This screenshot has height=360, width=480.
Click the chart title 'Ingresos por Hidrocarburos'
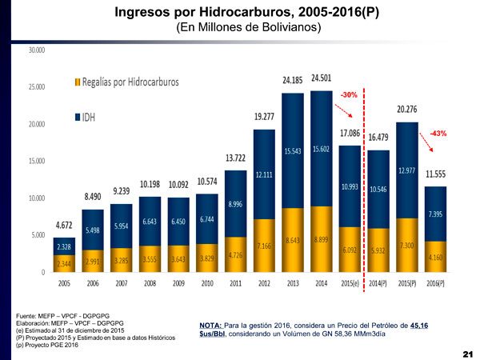point(240,13)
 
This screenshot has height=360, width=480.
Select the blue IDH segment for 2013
point(292,150)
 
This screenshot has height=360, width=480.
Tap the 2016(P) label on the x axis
point(435,282)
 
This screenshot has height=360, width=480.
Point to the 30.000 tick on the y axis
point(37,50)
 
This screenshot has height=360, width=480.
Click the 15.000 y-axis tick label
point(37,161)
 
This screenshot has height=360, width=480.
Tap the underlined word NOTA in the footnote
point(212,325)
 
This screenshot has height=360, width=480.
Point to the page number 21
point(468,352)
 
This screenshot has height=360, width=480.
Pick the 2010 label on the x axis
point(206,282)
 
